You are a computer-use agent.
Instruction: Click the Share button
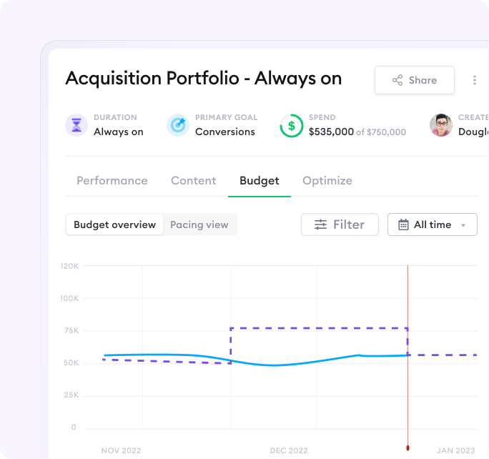pos(415,80)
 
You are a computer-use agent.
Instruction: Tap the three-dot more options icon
pos(474,80)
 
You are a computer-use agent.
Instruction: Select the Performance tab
pos(112,181)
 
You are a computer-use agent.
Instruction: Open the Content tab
pos(193,181)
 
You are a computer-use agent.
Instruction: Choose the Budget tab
pos(260,181)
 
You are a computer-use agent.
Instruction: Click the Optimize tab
pos(327,181)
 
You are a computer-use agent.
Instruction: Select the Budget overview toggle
pos(114,224)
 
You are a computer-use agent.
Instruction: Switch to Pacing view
pos(199,224)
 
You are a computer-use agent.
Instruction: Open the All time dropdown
pos(432,224)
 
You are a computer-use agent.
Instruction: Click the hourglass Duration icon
pos(76,125)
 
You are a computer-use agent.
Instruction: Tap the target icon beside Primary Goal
pos(178,125)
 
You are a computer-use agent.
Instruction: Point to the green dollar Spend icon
pos(291,126)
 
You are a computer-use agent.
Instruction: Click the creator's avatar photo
pos(441,125)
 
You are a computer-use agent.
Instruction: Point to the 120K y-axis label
pos(69,266)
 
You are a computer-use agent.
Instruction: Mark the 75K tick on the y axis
pos(69,330)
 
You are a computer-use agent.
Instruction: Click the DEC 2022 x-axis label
pos(289,450)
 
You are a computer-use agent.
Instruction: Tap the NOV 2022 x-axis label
pos(121,450)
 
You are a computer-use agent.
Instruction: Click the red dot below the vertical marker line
pos(407,448)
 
